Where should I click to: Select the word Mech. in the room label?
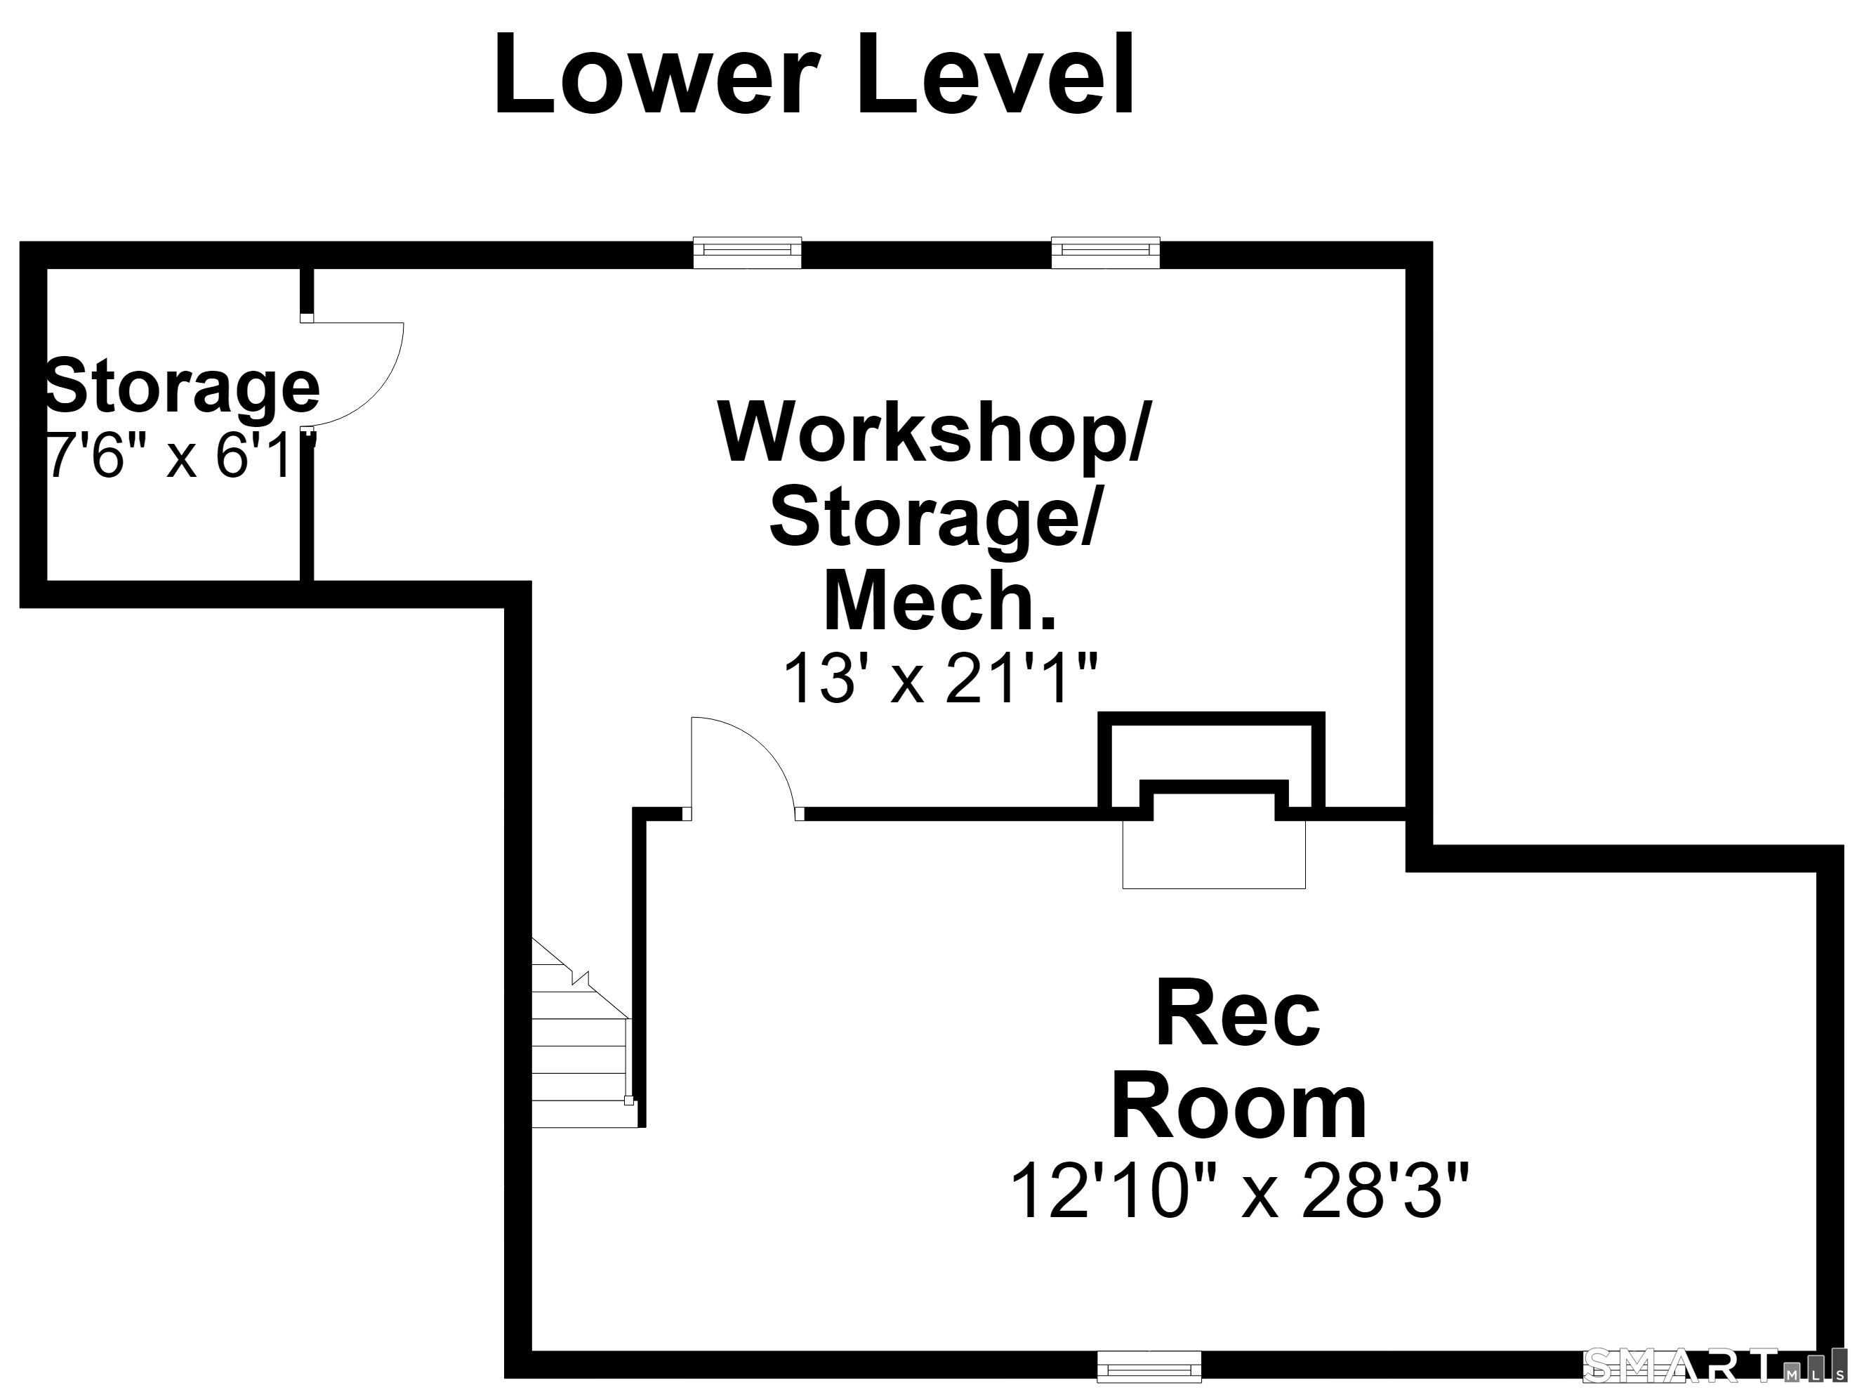(939, 601)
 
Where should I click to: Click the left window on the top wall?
(746, 252)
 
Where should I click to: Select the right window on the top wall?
(1105, 252)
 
